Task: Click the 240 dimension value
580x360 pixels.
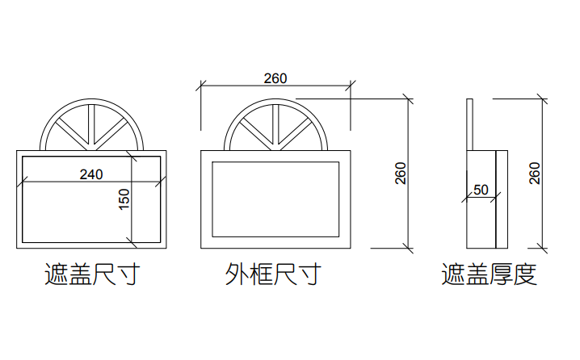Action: [x=90, y=174]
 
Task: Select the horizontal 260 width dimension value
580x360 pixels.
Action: [x=275, y=78]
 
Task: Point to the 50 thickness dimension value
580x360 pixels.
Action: [x=481, y=190]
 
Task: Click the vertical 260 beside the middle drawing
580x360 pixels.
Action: [x=401, y=173]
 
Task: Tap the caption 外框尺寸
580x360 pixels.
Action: [x=272, y=275]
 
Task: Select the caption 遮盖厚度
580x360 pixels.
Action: [x=490, y=275]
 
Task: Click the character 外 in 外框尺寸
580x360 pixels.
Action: [x=237, y=275]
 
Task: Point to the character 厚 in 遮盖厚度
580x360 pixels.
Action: [x=501, y=275]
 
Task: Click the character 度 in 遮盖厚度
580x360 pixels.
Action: [x=525, y=275]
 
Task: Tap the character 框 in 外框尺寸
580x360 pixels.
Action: [x=260, y=275]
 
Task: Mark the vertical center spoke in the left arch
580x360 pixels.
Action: [x=93, y=126]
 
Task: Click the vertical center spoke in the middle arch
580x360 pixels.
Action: [x=276, y=126]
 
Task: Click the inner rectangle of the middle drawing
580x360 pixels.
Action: [x=275, y=199]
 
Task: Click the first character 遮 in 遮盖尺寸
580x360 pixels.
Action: [x=55, y=275]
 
